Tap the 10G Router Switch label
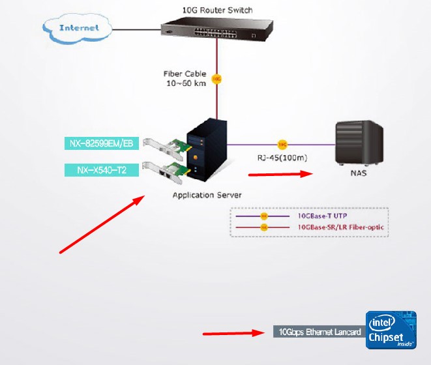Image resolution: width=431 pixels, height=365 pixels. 218,10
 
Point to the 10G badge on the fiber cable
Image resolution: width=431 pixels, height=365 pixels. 216,79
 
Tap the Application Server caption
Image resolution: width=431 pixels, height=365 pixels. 207,195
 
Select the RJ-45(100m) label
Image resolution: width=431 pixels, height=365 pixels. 282,157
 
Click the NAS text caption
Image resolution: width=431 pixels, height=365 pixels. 357,173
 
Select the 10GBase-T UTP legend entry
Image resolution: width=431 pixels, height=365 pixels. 326,215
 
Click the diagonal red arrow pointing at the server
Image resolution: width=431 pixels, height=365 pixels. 102,223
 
